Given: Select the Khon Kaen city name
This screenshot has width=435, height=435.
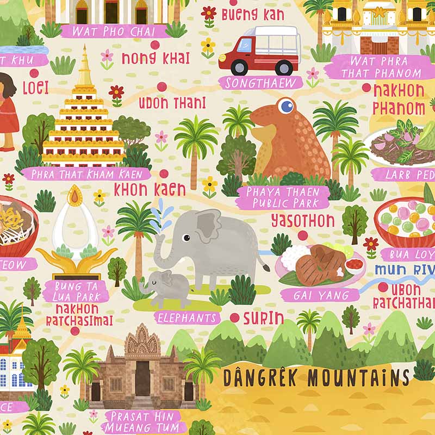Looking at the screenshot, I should [150, 189].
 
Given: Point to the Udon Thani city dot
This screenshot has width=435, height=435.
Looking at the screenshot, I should [161, 86].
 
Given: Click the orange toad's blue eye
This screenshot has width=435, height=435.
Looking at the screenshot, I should [285, 105].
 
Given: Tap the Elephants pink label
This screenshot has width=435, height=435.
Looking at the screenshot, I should [186, 318].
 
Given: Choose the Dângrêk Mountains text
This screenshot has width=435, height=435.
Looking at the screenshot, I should [316, 376].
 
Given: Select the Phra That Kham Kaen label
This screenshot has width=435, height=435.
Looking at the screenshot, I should [86, 174].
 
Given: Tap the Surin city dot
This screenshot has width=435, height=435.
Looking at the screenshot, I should [234, 318].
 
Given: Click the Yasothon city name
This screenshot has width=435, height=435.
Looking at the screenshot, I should [303, 221].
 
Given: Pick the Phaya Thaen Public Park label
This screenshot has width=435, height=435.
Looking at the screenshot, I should [287, 197].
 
